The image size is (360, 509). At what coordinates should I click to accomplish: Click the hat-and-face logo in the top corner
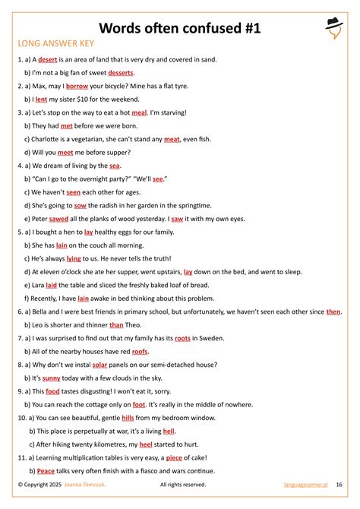tap(334, 27)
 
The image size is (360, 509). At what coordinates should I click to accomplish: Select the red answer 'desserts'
tap(121, 72)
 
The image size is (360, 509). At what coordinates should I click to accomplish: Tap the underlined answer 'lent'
tap(41, 99)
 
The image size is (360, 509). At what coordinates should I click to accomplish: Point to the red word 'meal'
tap(139, 112)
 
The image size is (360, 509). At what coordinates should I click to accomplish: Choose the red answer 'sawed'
tap(59, 218)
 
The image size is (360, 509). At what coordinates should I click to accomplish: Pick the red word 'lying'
tap(74, 258)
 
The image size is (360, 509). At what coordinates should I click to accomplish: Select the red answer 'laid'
tap(51, 285)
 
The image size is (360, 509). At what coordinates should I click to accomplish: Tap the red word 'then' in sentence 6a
tap(333, 311)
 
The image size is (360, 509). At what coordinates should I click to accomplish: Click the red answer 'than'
tap(116, 324)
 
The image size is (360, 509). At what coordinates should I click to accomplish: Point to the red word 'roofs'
tap(140, 351)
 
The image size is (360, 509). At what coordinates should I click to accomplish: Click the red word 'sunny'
tap(51, 378)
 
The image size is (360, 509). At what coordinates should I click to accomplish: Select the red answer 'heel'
tap(145, 444)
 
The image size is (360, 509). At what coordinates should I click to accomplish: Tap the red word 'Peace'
tap(46, 470)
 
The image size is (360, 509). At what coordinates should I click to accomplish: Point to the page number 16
tap(339, 484)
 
